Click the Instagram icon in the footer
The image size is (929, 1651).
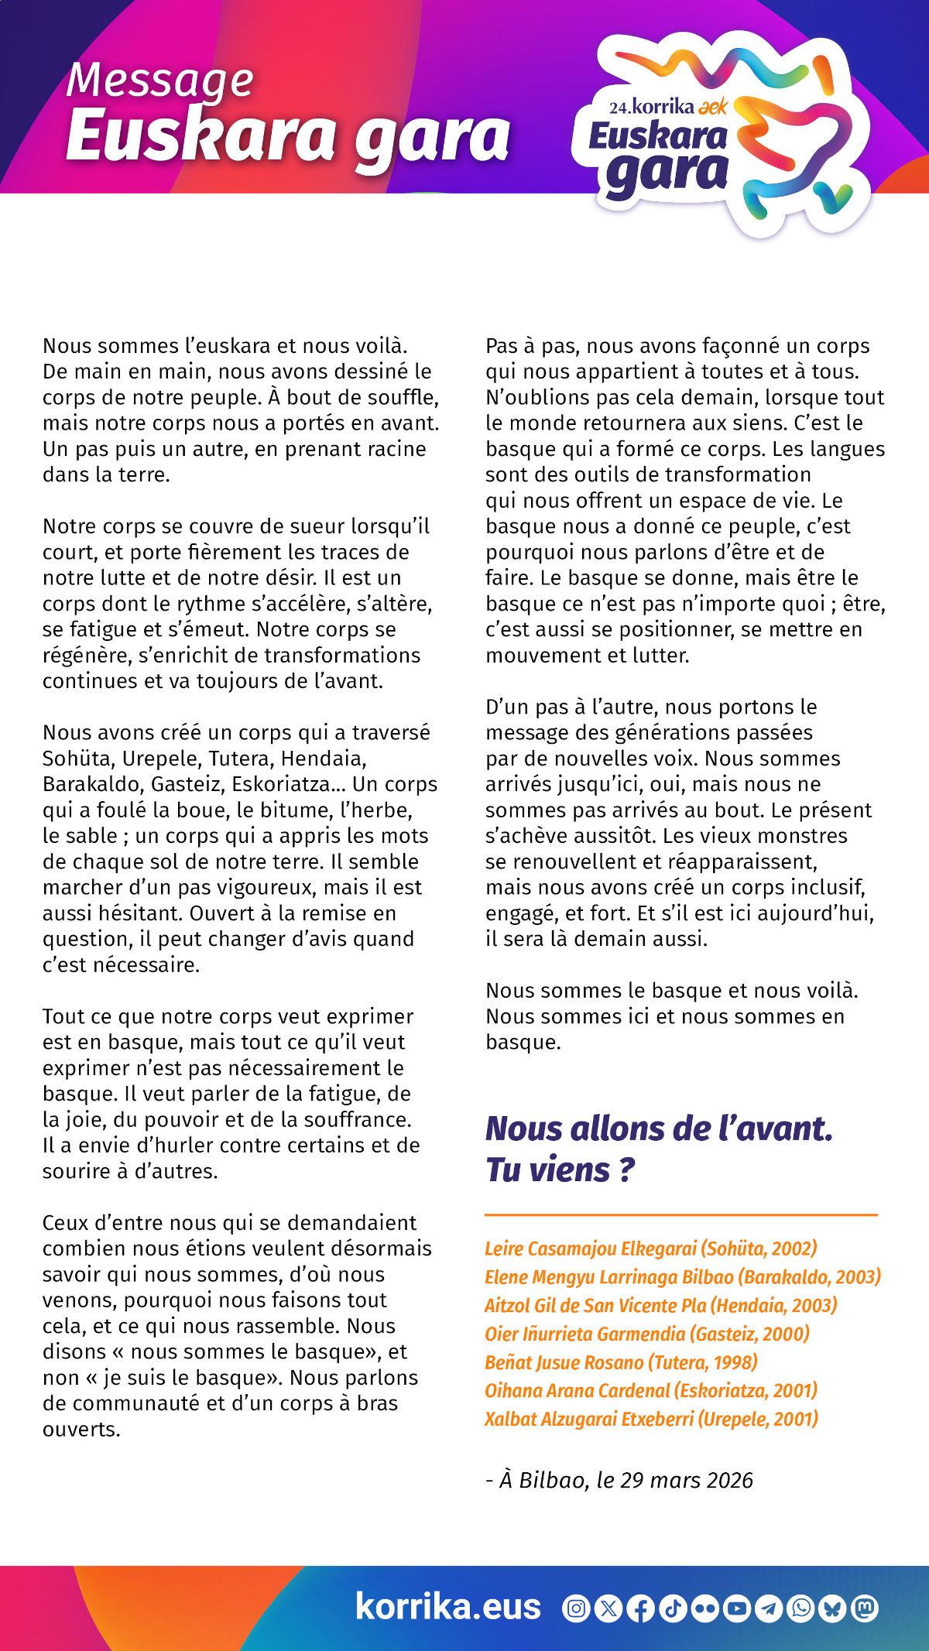pos(576,1608)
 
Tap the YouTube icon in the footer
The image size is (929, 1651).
pos(738,1608)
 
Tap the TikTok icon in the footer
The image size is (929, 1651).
pos(673,1608)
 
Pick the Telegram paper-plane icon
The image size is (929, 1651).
pos(770,1608)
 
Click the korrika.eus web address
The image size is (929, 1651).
pos(447,1607)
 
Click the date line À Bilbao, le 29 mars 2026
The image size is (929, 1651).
pos(619,1480)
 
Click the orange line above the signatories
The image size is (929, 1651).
pos(681,1215)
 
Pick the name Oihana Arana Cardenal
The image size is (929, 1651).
pos(651,1390)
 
